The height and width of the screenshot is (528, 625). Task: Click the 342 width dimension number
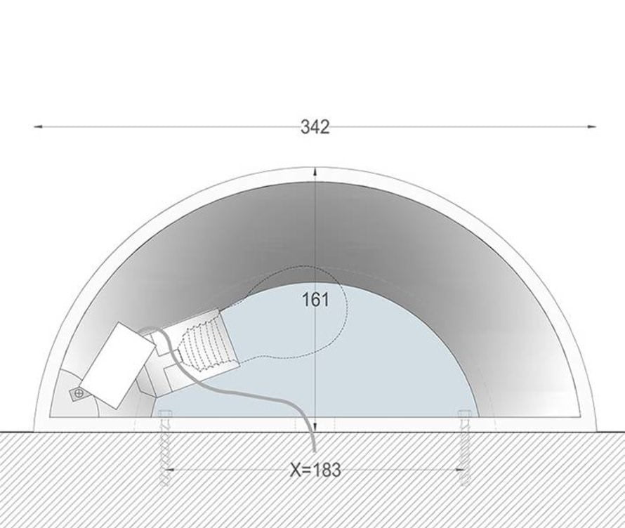[x=315, y=127]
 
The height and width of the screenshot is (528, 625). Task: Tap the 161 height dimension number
[x=316, y=300]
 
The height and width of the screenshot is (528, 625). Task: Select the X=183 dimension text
[x=315, y=470]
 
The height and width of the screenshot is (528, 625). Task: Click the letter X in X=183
[x=296, y=470]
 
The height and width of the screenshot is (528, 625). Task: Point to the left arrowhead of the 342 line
[x=38, y=126]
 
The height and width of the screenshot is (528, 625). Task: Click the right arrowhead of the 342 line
[x=592, y=126]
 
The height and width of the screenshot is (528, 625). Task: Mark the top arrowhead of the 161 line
[x=315, y=172]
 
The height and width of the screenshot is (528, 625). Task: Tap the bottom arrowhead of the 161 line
[x=315, y=426]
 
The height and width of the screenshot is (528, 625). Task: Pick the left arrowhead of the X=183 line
[x=169, y=470]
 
